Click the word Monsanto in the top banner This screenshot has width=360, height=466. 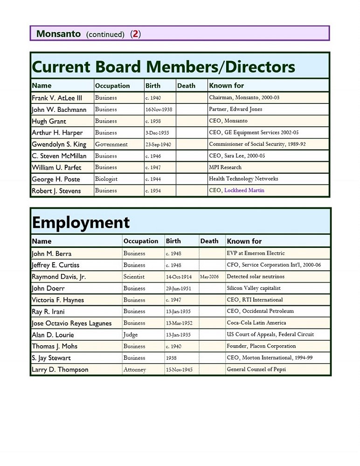point(58,34)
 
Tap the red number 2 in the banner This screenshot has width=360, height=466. point(135,34)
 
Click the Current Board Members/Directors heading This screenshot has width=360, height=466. point(163,67)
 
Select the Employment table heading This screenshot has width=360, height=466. point(81,223)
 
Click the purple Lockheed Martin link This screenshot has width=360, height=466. point(244,190)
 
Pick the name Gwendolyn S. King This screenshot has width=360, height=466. point(59,144)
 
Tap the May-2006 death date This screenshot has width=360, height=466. point(209,277)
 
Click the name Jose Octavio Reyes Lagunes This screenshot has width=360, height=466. point(72,323)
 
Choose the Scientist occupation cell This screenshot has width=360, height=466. point(134,277)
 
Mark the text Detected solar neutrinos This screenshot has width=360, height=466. point(256,277)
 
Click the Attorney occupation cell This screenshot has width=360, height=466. point(135,370)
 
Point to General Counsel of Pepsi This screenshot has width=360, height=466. point(256,370)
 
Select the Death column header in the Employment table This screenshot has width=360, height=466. point(209,241)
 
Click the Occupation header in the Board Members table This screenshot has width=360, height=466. point(112,86)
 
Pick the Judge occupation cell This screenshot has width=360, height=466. point(131,335)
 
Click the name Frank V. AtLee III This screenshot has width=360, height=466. point(57,98)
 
